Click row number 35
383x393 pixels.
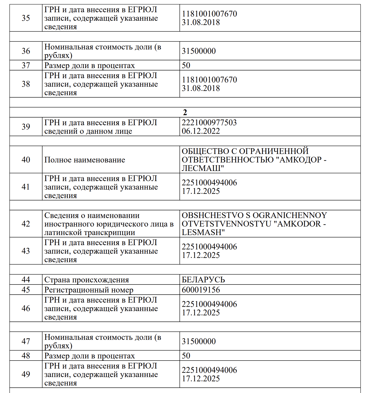pyautogui.click(x=26, y=18)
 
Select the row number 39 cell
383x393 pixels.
pyautogui.click(x=26, y=127)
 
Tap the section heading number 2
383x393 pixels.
pyautogui.click(x=185, y=112)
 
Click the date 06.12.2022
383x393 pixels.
pyautogui.click(x=201, y=131)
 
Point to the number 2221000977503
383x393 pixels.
pyautogui.click(x=209, y=123)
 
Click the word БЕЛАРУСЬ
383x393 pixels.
pyautogui.click(x=203, y=280)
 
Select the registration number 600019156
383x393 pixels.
pyautogui.click(x=201, y=290)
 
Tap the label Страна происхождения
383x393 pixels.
pyautogui.click(x=86, y=280)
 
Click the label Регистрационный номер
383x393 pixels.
pyautogui.click(x=89, y=290)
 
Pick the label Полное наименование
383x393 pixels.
pyautogui.click(x=85, y=160)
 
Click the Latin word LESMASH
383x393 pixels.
pyautogui.click(x=203, y=232)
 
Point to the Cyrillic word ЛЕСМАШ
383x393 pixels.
pyautogui.click(x=203, y=168)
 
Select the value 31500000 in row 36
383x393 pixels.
pyautogui.click(x=199, y=51)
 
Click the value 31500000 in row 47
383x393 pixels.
pyautogui.click(x=199, y=341)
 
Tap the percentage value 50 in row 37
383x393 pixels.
pyautogui.click(x=186, y=65)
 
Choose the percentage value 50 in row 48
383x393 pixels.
pyautogui.click(x=186, y=356)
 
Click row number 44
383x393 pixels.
pyautogui.click(x=26, y=280)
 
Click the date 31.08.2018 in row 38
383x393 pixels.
pyautogui.click(x=201, y=88)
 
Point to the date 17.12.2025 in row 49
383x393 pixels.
pyautogui.click(x=201, y=379)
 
